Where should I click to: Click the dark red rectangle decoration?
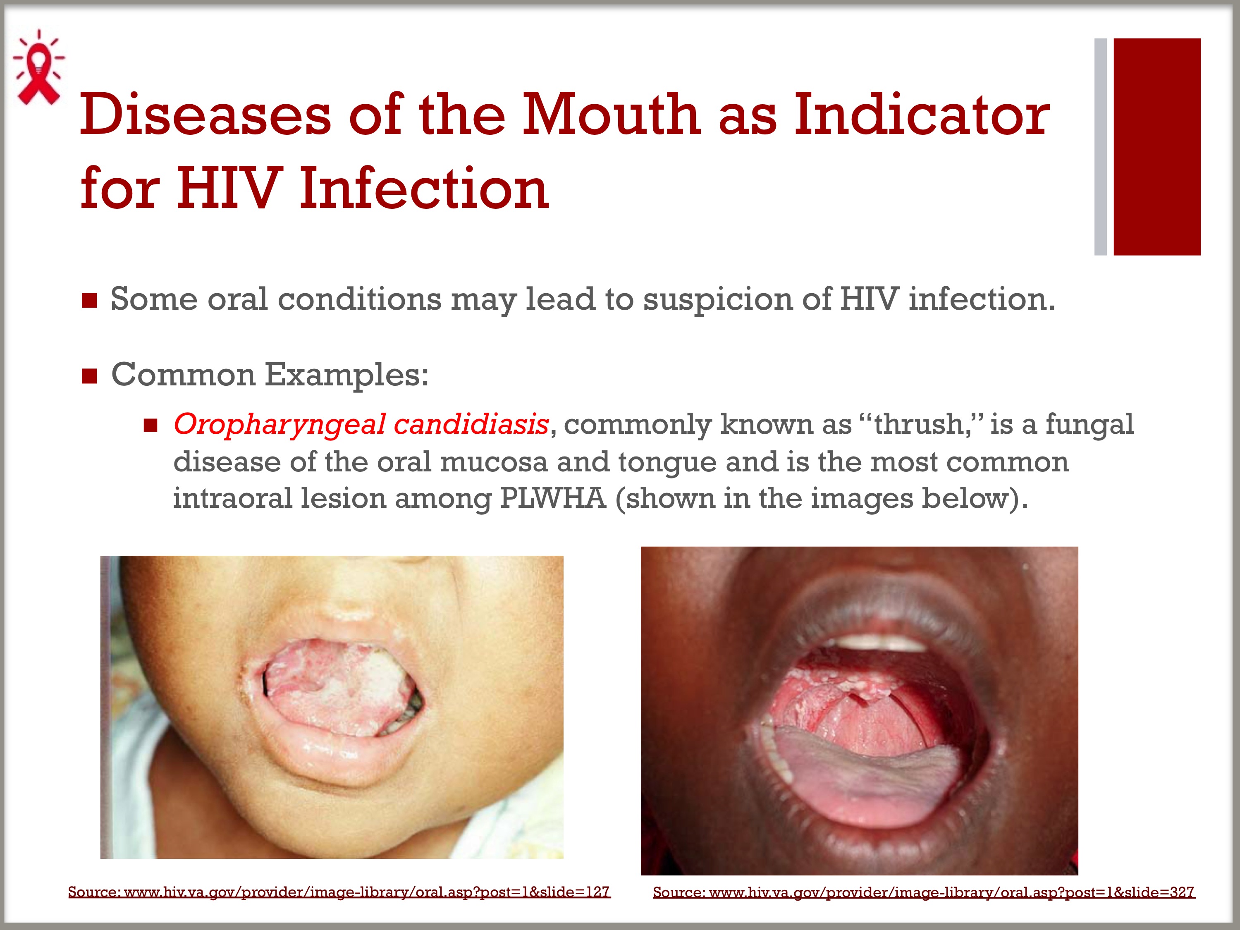[1157, 147]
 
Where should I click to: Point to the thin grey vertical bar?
[1100, 147]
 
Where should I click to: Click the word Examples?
[346, 375]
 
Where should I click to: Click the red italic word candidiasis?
[471, 424]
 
